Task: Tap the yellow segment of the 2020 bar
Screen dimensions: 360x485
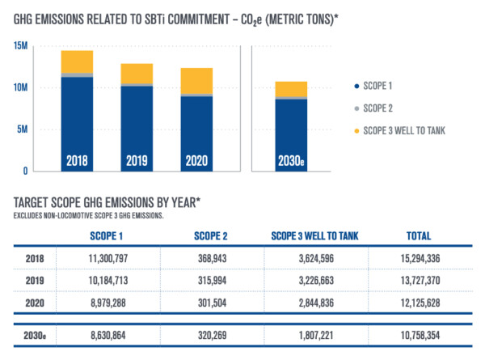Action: (x=197, y=81)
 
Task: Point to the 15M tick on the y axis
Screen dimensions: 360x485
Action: (x=22, y=45)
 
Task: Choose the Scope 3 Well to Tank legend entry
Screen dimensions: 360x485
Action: (x=404, y=131)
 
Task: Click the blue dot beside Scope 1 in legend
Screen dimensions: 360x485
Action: (x=356, y=85)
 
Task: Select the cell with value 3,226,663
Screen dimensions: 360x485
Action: (x=316, y=279)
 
